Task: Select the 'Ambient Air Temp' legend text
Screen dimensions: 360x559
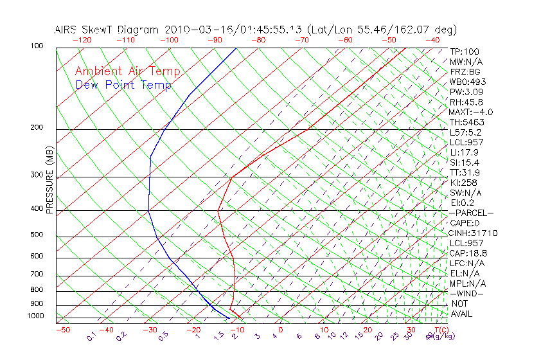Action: [x=127, y=72]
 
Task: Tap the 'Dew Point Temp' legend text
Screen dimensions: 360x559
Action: [x=123, y=85]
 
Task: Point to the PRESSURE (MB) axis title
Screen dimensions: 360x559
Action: [x=49, y=181]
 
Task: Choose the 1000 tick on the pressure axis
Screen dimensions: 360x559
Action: [x=35, y=316]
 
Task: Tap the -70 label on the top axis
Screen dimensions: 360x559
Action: [x=301, y=40]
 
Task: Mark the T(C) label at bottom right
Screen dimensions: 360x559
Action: [x=440, y=330]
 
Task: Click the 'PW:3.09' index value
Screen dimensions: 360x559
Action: [x=465, y=92]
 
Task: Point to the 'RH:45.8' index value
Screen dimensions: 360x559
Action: [x=465, y=102]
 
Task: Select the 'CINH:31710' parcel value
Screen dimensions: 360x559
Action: [x=474, y=233]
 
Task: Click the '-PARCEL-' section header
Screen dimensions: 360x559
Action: [x=472, y=213]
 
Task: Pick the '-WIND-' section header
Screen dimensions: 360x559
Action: [x=468, y=293]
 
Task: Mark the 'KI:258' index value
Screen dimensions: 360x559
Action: [x=463, y=183]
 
